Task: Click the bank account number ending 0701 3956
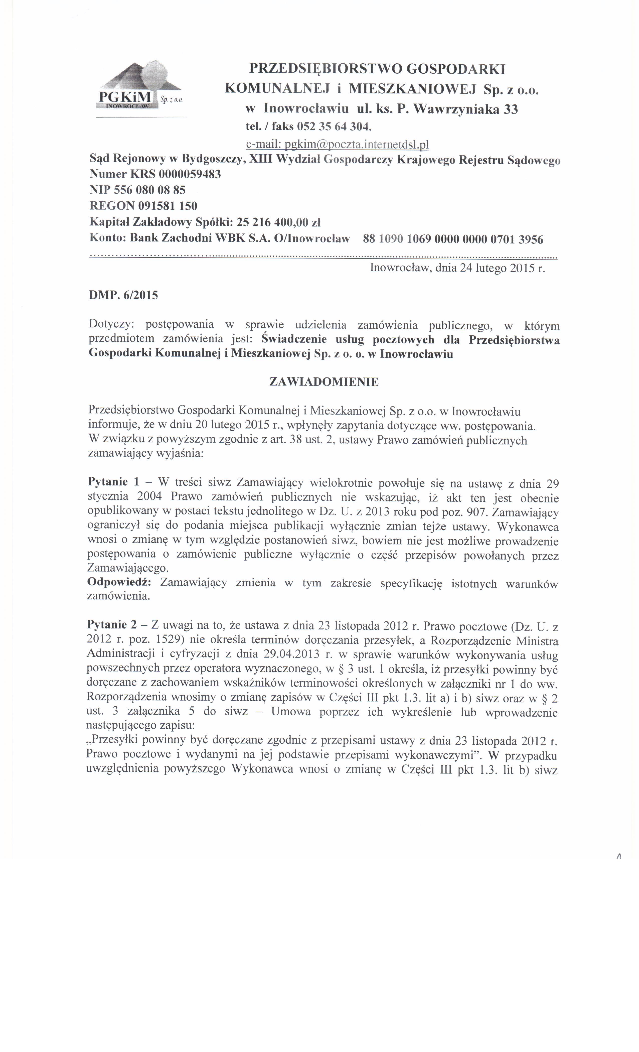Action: [452, 239]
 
